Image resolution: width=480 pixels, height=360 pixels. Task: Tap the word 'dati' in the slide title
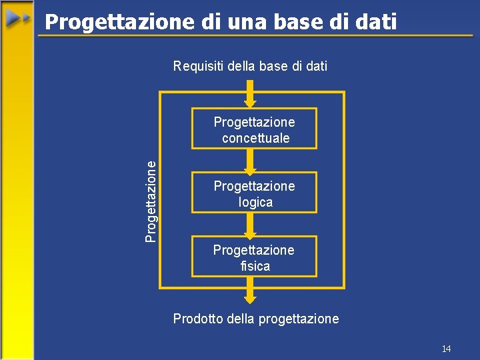click(375, 22)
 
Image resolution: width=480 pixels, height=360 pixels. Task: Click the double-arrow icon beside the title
click(19, 19)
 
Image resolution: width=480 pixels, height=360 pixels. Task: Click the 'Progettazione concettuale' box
click(254, 129)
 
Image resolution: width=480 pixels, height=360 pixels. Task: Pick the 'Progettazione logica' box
click(254, 193)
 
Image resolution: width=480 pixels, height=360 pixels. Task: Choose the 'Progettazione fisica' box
click(254, 257)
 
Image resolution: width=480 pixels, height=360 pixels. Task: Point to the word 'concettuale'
click(255, 138)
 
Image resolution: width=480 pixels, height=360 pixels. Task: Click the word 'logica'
click(255, 202)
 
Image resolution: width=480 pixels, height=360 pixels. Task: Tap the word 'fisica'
click(255, 266)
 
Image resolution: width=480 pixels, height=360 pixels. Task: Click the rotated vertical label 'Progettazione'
click(152, 200)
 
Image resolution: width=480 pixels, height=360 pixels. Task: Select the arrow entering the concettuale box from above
click(250, 93)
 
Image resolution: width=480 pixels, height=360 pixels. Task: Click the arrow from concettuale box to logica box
click(250, 161)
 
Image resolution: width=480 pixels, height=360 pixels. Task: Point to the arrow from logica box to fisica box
click(250, 225)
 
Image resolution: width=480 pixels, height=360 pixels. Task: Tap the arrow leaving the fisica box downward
click(250, 290)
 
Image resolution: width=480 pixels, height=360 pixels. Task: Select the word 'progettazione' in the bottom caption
click(299, 319)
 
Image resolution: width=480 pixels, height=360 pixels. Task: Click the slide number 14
click(446, 349)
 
